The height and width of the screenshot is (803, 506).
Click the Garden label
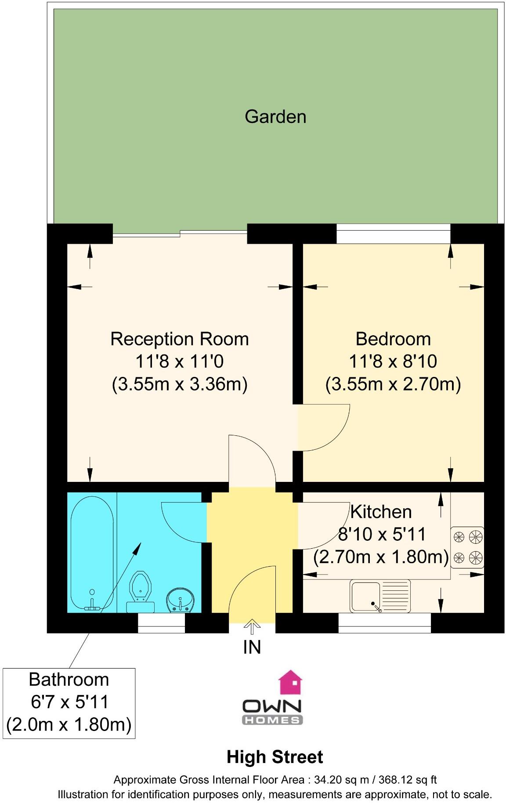[x=275, y=117]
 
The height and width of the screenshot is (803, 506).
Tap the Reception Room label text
[x=179, y=339]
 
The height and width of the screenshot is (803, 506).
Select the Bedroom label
[x=393, y=339]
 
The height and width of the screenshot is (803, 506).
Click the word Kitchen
[x=381, y=512]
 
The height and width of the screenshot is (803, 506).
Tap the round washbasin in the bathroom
[x=180, y=600]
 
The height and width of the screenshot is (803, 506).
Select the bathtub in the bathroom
[x=92, y=553]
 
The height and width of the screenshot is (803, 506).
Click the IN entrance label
[x=252, y=647]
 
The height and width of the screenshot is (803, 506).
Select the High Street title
[x=275, y=757]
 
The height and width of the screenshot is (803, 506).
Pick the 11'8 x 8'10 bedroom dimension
[x=393, y=362]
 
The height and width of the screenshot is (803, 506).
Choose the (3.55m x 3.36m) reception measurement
[x=179, y=384]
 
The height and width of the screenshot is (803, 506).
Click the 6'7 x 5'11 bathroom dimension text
[x=69, y=702]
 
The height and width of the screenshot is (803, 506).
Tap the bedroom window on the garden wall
[x=393, y=233]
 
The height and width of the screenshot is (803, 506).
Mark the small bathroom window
[x=161, y=623]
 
